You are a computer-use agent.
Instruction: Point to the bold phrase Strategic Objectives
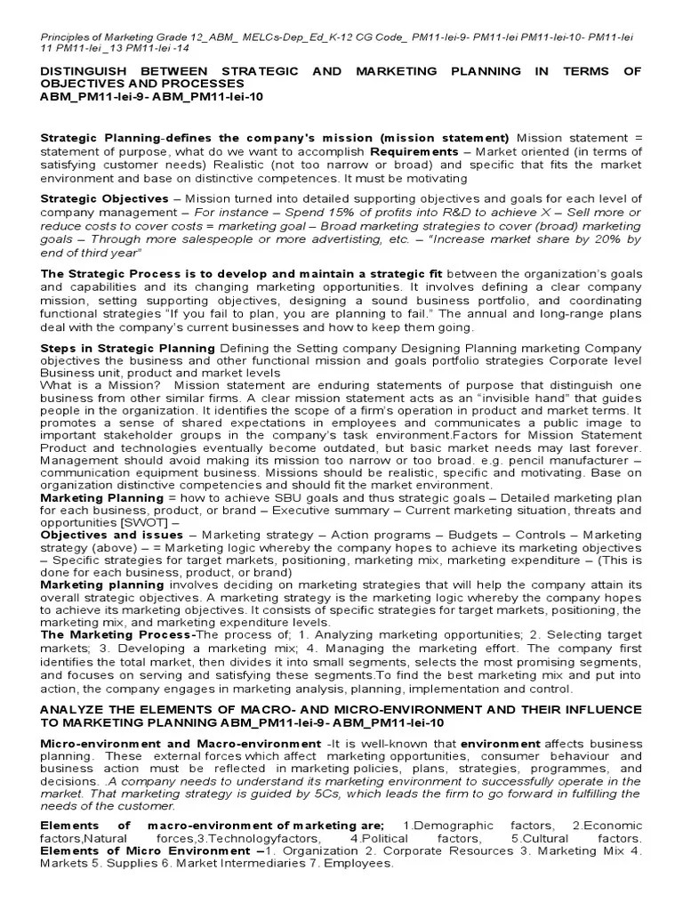[104, 198]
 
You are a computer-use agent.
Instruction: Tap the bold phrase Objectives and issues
[111, 536]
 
